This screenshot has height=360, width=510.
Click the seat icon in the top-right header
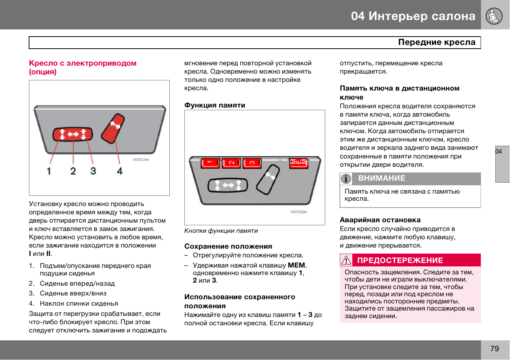coord(494,16)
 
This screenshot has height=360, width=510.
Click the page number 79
coord(495,349)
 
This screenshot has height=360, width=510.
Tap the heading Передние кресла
coord(436,42)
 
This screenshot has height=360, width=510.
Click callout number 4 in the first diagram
coord(120,171)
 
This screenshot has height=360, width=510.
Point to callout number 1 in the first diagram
coord(49,171)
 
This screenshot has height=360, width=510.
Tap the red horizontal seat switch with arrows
coord(72,134)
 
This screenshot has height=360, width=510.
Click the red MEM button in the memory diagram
coord(298,163)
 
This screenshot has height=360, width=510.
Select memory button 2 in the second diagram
coord(231,163)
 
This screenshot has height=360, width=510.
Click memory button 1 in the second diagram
coord(210,163)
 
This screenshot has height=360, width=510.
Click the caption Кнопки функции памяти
coord(221,231)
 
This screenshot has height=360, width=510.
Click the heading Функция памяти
coord(215,105)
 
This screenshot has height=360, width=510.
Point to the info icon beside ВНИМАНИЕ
coord(346,178)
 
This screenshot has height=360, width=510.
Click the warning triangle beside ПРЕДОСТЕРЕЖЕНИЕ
coord(346,260)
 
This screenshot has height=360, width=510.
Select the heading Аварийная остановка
coord(380,220)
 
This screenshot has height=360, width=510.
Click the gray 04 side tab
coord(502,164)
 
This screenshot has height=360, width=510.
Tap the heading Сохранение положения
coord(228,246)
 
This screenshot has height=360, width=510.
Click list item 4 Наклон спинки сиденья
coord(79,303)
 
